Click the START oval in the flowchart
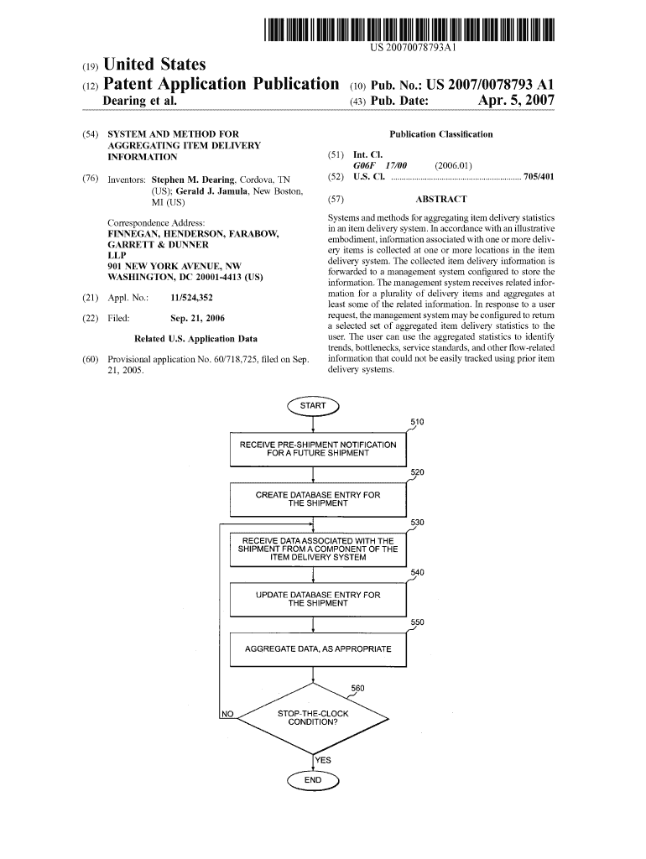pyautogui.click(x=312, y=406)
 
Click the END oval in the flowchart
pyautogui.click(x=312, y=780)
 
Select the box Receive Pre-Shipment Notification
pyautogui.click(x=318, y=449)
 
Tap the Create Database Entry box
pyautogui.click(x=318, y=499)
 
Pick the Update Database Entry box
pyautogui.click(x=318, y=599)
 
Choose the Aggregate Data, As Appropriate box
pyautogui.click(x=318, y=649)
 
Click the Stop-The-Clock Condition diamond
pyautogui.click(x=313, y=717)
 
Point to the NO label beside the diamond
pyautogui.click(x=227, y=714)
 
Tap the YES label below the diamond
pyautogui.click(x=322, y=760)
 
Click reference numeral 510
pyautogui.click(x=417, y=422)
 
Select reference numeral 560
pyautogui.click(x=358, y=689)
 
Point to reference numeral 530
pyautogui.click(x=417, y=523)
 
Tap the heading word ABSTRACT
pyautogui.click(x=440, y=200)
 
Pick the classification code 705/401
pyautogui.click(x=539, y=178)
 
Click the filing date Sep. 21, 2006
pyautogui.click(x=197, y=318)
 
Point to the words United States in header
pyautogui.click(x=154, y=65)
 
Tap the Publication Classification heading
pyautogui.click(x=441, y=134)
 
